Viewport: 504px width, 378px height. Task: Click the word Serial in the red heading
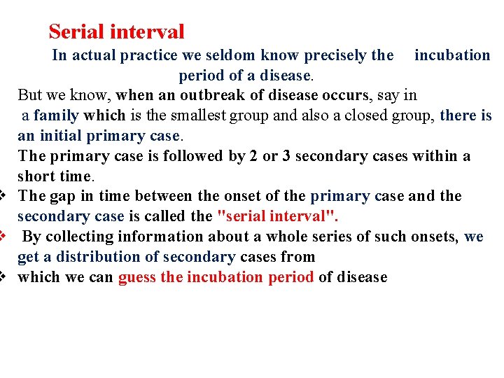(x=76, y=31)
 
